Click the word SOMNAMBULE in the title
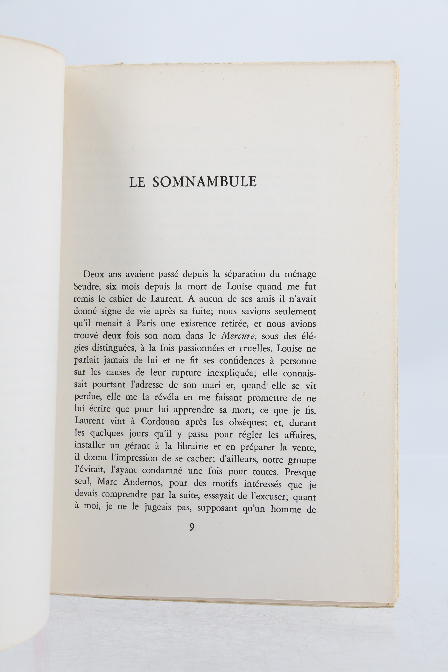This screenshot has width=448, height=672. [x=204, y=182]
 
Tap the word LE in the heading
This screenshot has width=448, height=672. [x=137, y=182]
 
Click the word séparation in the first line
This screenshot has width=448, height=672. [x=244, y=275]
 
